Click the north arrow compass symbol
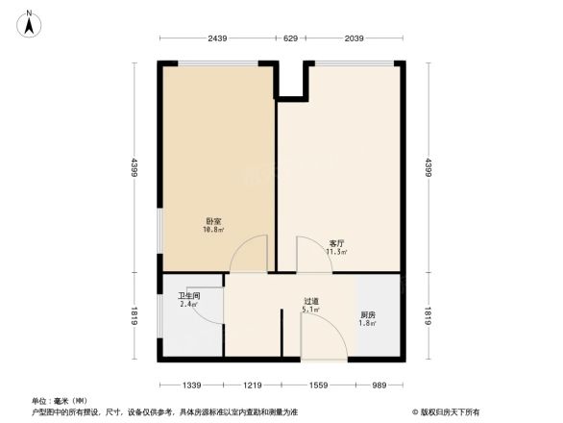(32, 20)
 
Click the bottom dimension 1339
(191, 385)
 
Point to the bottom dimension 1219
(252, 385)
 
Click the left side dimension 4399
(135, 168)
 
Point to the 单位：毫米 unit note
(59, 400)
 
